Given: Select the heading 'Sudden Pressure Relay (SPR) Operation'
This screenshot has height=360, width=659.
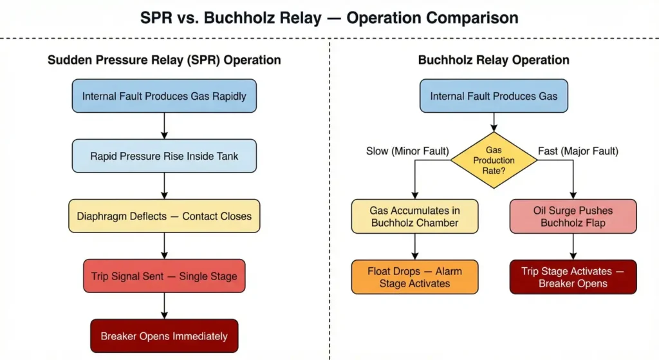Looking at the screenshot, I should coord(164,60).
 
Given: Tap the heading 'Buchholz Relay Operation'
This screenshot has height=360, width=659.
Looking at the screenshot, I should coord(494,60).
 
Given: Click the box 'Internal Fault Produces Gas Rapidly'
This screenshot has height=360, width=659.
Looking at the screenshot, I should coord(164,97).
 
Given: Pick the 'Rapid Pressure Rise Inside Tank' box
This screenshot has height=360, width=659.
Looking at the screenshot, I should coord(164,156).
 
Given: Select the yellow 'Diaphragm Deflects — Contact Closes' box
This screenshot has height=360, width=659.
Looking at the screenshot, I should coord(164,216).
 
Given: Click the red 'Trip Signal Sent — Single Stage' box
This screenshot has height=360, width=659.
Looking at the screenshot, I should coord(164,276).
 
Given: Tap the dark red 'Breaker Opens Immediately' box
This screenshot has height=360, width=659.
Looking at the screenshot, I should coord(164,336).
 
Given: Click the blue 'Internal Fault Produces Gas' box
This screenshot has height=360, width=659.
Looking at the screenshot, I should coord(494,97).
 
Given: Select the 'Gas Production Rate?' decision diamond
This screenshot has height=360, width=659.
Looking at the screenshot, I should coord(494,160).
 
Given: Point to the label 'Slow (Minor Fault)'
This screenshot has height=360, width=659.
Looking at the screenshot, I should coord(407,151).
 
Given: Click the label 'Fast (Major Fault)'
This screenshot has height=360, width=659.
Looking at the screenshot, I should coord(577,151).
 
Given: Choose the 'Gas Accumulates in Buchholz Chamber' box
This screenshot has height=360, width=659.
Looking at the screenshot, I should coord(414,216).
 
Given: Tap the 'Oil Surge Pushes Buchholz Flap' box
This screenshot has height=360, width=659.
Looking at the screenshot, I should coord(573,216).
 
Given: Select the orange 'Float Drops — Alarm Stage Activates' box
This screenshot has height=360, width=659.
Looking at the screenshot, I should coord(414,277).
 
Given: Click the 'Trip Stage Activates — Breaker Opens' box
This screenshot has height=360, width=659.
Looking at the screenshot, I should coord(573,277).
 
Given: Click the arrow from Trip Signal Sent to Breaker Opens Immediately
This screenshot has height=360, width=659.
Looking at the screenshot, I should coord(164,306).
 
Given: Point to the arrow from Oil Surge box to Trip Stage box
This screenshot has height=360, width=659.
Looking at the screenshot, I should coord(573,246).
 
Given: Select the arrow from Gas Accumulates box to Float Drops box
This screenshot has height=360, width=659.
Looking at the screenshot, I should coord(414,246).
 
